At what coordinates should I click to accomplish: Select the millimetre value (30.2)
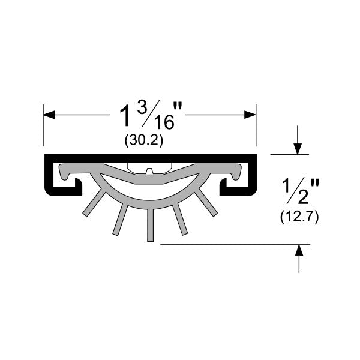[144, 140]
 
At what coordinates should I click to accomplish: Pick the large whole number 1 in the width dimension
[125, 115]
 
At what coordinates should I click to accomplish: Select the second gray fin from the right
[181, 220]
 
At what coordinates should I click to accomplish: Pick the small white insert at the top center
[150, 167]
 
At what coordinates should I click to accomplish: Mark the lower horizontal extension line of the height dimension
[234, 245]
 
